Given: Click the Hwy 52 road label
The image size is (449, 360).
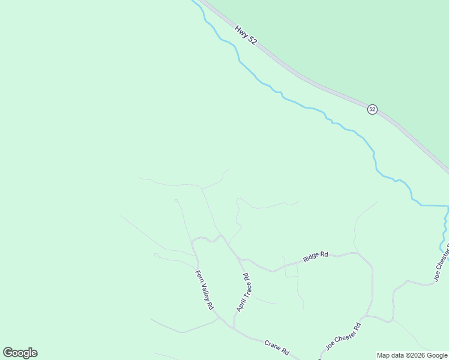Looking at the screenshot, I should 246,33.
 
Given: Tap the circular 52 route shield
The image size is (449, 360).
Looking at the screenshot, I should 372,109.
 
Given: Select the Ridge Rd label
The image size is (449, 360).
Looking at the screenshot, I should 315,256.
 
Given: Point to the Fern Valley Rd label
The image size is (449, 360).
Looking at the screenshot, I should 204,290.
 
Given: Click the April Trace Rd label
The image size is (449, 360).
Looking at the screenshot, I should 243,293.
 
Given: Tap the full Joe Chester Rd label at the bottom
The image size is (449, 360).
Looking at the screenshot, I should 343,337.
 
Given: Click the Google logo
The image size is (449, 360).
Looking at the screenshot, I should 20,353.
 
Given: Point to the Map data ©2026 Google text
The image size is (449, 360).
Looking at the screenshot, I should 412,356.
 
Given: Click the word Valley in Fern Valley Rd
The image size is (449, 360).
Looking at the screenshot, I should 204,291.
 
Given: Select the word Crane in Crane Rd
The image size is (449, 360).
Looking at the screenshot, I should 273,346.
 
